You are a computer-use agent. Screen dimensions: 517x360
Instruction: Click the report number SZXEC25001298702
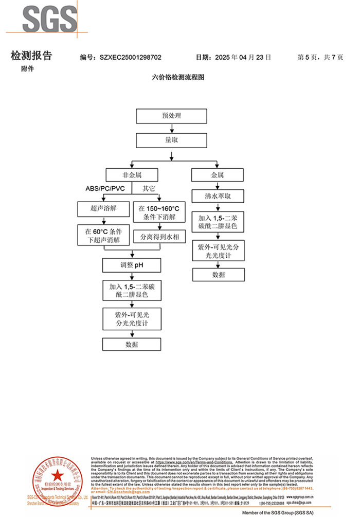pyautogui.click(x=131, y=58)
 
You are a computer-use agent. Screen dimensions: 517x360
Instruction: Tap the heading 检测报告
pyautogui.click(x=31, y=56)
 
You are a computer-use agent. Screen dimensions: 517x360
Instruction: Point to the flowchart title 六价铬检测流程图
pyautogui.click(x=179, y=78)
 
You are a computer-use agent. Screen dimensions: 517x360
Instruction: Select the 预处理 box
pyautogui.click(x=171, y=116)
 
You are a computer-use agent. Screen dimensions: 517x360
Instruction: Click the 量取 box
pyautogui.click(x=171, y=140)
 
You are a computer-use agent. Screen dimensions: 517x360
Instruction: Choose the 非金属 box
pyautogui.click(x=132, y=175)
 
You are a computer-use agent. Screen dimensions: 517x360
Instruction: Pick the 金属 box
pyautogui.click(x=218, y=175)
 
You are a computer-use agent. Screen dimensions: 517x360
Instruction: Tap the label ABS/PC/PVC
pyautogui.click(x=105, y=188)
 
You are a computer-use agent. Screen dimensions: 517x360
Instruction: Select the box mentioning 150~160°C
pyautogui.click(x=159, y=212)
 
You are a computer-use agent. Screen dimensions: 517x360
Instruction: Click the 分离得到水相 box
pyautogui.click(x=159, y=237)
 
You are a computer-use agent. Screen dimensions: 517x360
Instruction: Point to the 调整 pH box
pyautogui.click(x=132, y=265)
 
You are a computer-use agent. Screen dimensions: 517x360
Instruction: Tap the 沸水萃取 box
pyautogui.click(x=218, y=197)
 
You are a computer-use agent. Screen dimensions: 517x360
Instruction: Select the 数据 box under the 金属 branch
pyautogui.click(x=218, y=274)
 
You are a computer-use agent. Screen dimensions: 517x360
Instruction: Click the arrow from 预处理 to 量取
pyautogui.click(x=171, y=128)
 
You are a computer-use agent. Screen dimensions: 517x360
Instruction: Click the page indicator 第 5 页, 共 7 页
pyautogui.click(x=320, y=58)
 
